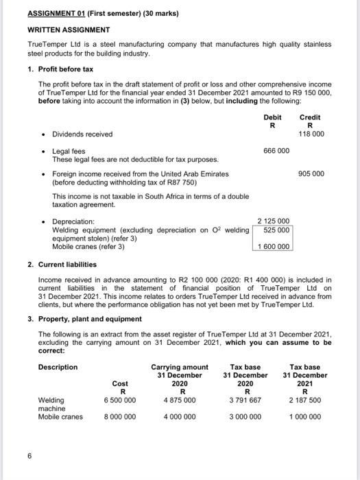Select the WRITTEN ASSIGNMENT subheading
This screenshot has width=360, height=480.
[x=69, y=30]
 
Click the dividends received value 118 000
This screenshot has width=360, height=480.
[x=311, y=134]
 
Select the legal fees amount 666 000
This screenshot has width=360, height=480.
[x=276, y=150]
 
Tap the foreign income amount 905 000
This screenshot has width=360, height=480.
[x=311, y=174]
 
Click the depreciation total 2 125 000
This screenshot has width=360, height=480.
[x=274, y=221]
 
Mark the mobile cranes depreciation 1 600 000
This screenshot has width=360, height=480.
[x=274, y=246]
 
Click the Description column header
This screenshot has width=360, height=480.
[x=58, y=367]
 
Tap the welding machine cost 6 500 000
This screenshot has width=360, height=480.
[x=119, y=400]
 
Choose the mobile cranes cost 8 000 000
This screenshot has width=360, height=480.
[x=119, y=416]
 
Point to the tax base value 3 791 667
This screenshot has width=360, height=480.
[x=245, y=400]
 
